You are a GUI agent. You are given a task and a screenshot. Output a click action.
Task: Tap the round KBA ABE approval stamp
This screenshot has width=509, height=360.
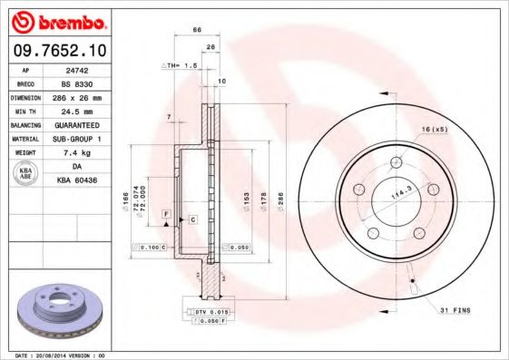[x=26, y=174]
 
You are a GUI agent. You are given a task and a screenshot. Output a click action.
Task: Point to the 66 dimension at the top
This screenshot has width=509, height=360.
[x=197, y=30]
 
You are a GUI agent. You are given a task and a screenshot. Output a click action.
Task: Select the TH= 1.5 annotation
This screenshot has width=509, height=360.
[x=179, y=66]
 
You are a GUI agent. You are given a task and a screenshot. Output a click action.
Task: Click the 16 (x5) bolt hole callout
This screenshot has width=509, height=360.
[x=433, y=129]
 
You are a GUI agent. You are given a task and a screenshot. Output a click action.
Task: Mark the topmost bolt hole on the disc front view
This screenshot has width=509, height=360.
[x=397, y=163]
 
